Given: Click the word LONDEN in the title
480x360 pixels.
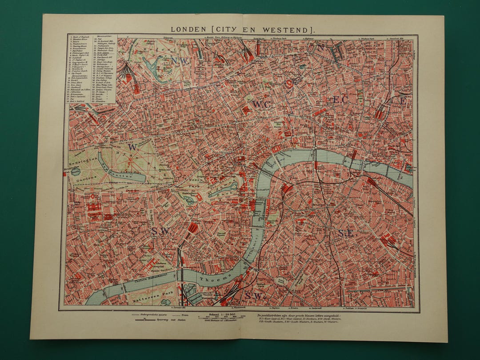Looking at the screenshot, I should (188, 30).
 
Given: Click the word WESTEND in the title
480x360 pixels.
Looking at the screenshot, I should (288, 30).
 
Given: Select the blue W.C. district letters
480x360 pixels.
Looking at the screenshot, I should (259, 104).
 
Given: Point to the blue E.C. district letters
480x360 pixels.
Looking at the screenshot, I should (341, 100).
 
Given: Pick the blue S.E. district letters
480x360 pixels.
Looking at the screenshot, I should (346, 233).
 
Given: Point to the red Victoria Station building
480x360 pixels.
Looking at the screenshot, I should (192, 228).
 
